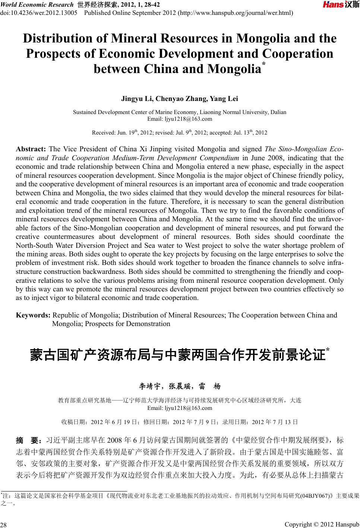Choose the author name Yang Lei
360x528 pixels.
(x=224, y=99)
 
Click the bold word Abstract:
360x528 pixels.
(x=31, y=149)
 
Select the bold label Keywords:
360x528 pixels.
(x=33, y=315)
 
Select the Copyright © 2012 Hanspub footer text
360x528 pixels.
(x=321, y=524)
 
